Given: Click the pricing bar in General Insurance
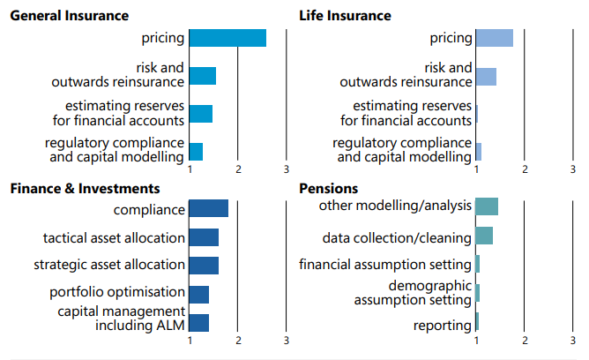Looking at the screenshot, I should point(227,38).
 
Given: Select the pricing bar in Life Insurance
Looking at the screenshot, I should point(494,38).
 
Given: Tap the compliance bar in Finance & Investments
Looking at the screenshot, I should point(209,209).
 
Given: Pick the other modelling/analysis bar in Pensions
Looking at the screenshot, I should point(487,206).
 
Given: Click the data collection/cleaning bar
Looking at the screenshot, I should point(484,236).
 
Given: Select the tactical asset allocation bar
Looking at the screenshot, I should point(204,237).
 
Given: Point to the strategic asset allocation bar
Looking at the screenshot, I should point(204,265).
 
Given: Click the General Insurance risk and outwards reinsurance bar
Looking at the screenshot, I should point(203,76).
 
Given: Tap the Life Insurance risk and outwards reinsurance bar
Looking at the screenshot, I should point(486,77).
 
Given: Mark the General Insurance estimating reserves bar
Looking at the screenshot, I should point(201,114).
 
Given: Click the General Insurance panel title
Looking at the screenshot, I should point(70,16).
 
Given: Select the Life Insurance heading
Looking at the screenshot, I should point(345,16).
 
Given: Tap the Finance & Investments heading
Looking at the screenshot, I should point(85,188).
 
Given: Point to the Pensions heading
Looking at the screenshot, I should point(329,188).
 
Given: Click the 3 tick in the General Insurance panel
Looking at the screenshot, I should point(287,169).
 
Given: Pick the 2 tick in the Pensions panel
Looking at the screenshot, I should point(525,341).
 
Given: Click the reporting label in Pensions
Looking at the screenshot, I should point(443,326).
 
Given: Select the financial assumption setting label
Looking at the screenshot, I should point(385,265).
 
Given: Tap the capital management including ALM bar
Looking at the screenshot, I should point(199,322).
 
